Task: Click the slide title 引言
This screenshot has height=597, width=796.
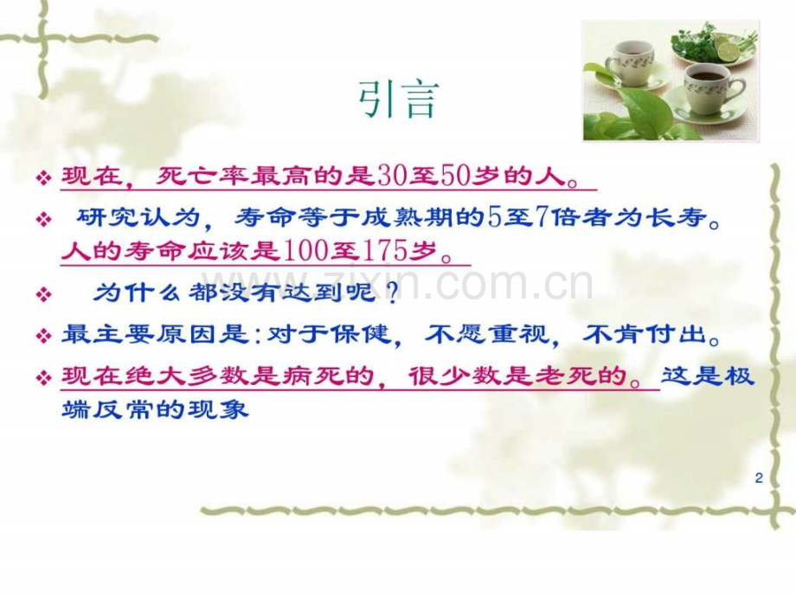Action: point(399,101)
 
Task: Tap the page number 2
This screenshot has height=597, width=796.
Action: point(758,478)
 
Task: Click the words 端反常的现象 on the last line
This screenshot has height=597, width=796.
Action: point(156,409)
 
